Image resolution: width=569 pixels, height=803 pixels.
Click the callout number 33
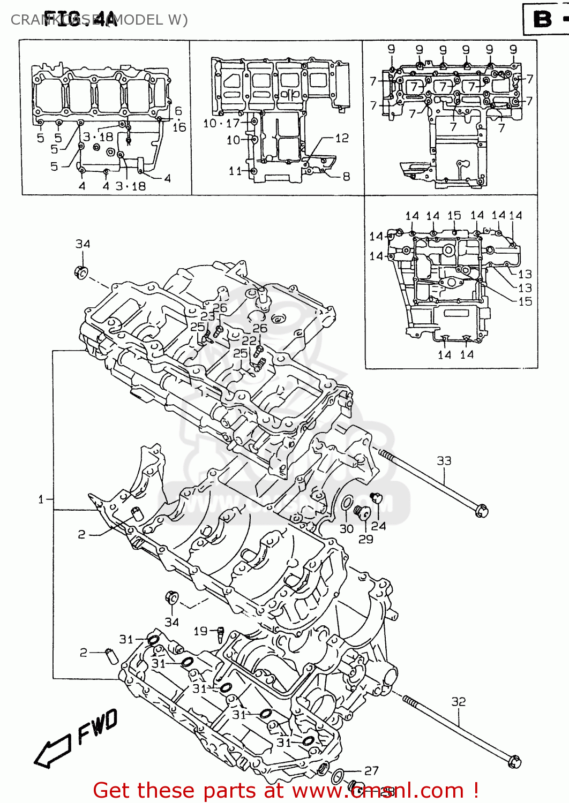444,461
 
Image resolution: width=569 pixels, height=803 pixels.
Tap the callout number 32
458,701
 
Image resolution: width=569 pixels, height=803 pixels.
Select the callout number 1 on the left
41,499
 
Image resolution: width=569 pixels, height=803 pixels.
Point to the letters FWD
97,727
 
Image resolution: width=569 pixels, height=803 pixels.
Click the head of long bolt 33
482,510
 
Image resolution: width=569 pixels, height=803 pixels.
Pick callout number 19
200,631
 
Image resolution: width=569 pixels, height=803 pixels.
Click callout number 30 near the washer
347,528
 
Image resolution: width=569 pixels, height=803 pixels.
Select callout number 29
365,539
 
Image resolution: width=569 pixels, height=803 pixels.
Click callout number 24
378,526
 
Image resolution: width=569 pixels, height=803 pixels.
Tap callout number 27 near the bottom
371,770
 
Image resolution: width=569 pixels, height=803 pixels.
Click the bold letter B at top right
542,20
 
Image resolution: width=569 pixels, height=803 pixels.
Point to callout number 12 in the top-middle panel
342,138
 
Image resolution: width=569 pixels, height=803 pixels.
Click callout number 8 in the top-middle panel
346,176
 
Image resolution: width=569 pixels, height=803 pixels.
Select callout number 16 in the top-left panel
179,127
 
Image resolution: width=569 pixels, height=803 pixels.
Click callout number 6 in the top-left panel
178,111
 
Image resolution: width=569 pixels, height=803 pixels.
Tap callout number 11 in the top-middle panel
235,171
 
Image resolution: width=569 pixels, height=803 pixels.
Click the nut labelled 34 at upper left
81,272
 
